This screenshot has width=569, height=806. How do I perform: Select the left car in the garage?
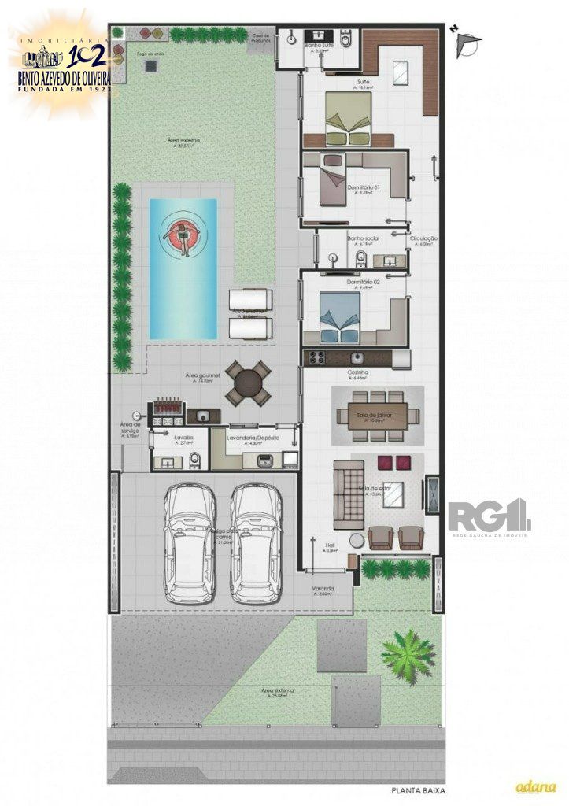click(x=189, y=542)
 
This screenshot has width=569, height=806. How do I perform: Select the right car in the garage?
click(x=256, y=542)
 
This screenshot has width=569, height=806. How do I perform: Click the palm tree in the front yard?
click(x=408, y=652)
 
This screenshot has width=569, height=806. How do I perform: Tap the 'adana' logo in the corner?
click(x=535, y=786)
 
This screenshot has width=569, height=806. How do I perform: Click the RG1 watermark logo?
click(x=489, y=516)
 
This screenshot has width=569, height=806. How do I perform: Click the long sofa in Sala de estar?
click(x=345, y=494)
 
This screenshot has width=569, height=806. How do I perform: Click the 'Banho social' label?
click(x=363, y=238)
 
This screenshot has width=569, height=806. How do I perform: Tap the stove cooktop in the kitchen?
click(x=318, y=358)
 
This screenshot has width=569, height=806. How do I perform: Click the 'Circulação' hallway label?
click(x=423, y=238)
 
